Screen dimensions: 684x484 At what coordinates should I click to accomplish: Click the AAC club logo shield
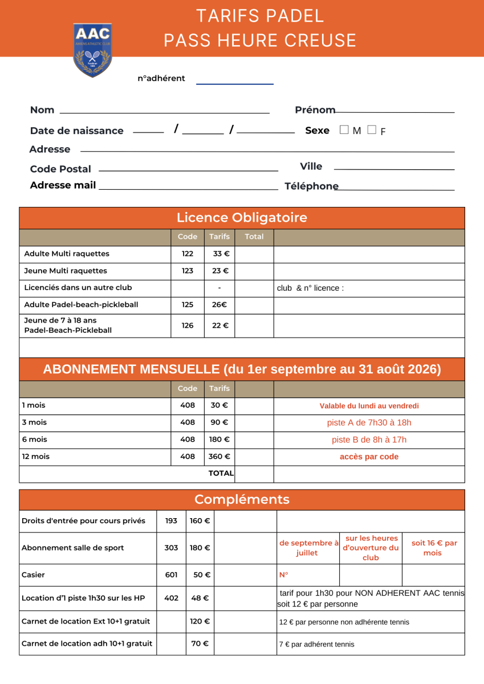(92, 50)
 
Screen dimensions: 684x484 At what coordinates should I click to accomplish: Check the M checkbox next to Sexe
(344, 130)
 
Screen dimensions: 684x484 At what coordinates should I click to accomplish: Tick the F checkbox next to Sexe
(372, 130)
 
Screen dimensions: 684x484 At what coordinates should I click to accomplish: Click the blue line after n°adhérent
(235, 84)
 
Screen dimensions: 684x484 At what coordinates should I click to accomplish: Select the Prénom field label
(315, 110)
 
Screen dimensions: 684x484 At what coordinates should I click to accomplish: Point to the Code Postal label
(60, 169)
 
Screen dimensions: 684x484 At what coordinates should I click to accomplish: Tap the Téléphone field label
(311, 186)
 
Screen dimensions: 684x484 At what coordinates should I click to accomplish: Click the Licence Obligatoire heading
(242, 218)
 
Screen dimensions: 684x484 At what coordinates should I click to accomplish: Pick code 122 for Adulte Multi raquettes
(188, 254)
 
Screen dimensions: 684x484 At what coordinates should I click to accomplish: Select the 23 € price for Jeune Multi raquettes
(220, 271)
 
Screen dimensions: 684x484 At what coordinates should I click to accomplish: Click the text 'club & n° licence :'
(310, 288)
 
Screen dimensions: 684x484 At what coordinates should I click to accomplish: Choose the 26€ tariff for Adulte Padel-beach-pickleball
(219, 305)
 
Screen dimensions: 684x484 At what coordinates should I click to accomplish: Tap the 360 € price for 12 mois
(219, 457)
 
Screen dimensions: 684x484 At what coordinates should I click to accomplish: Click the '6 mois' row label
(34, 439)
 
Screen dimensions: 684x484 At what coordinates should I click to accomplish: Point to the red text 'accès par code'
(369, 457)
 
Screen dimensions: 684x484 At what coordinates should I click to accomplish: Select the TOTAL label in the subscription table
(221, 473)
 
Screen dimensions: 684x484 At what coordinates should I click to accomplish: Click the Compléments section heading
(242, 500)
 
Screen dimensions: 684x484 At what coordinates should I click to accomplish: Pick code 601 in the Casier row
(171, 575)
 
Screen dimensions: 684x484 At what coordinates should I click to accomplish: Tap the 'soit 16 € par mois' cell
(434, 548)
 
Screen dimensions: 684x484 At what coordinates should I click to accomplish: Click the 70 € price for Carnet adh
(200, 644)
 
